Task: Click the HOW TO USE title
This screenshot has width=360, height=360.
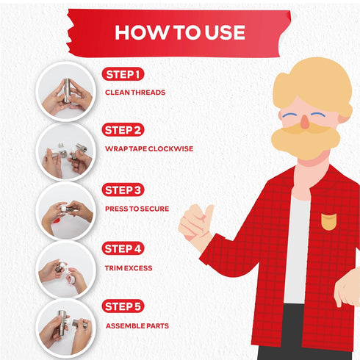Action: click(x=180, y=32)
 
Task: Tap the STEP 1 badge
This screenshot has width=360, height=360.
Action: click(x=123, y=74)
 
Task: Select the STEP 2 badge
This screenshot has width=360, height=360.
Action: click(x=123, y=130)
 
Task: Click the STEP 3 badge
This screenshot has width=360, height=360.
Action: click(x=123, y=190)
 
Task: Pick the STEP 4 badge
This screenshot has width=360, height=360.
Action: click(x=123, y=248)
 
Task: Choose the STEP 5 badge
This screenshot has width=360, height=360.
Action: click(x=123, y=306)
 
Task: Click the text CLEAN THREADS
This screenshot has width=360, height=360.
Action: click(x=135, y=93)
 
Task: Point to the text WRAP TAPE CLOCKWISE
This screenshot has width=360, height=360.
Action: click(x=149, y=148)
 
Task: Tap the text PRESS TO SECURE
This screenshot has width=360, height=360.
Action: click(x=137, y=209)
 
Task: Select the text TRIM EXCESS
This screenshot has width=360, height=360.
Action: click(x=129, y=268)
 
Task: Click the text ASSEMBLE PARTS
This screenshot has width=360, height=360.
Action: click(x=137, y=325)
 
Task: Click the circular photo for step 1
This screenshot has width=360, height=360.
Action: click(x=65, y=91)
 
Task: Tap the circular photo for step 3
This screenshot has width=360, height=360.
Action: click(x=65, y=211)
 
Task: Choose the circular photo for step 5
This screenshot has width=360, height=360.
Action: click(x=65, y=328)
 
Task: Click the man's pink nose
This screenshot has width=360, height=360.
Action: click(x=304, y=121)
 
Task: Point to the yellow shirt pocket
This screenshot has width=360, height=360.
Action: click(x=329, y=222)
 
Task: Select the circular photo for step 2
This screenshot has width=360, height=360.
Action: click(x=65, y=151)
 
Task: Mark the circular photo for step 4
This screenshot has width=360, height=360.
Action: click(x=65, y=270)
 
